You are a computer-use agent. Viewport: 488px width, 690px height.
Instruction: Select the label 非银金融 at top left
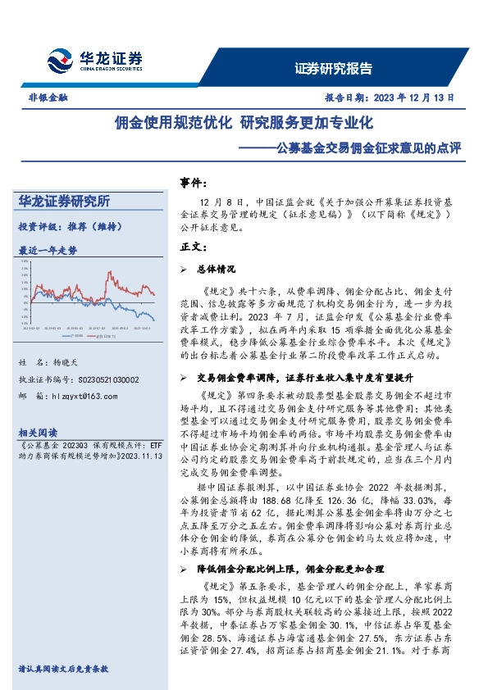coord(48,97)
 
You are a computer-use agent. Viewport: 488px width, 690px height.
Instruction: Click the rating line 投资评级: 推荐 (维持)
coord(70,225)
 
